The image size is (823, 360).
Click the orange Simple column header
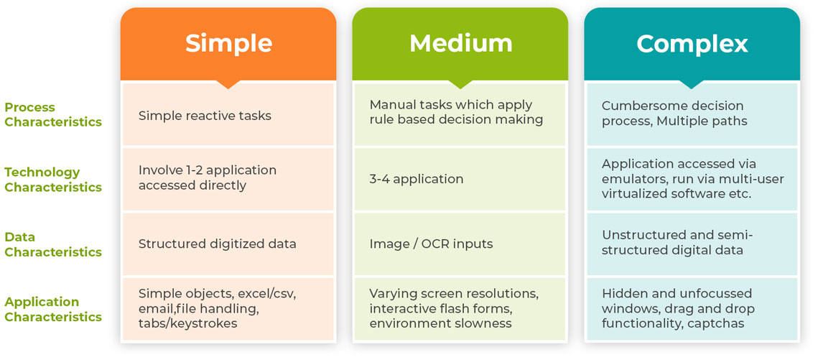point(228,44)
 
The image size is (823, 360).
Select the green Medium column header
point(460,44)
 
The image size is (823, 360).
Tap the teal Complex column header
point(692,44)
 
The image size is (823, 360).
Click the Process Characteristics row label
point(53,114)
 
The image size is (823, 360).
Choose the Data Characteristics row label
point(53,245)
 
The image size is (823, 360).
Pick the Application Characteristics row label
point(53,310)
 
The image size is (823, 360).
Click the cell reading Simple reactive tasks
point(205,116)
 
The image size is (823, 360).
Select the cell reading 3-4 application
point(417,179)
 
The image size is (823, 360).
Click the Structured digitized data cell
point(218,244)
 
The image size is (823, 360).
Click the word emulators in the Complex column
point(632,179)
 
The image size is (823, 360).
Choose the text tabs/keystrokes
point(188,323)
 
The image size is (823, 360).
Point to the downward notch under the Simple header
point(228,84)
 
